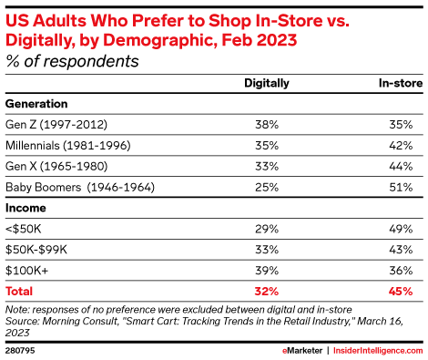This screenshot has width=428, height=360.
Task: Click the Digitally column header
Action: pyautogui.click(x=267, y=83)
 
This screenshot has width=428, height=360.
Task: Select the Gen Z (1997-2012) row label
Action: pyautogui.click(x=54, y=123)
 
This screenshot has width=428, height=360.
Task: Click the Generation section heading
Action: pyautogui.click(x=39, y=103)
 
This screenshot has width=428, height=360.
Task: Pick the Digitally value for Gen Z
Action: pyautogui.click(x=267, y=123)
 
